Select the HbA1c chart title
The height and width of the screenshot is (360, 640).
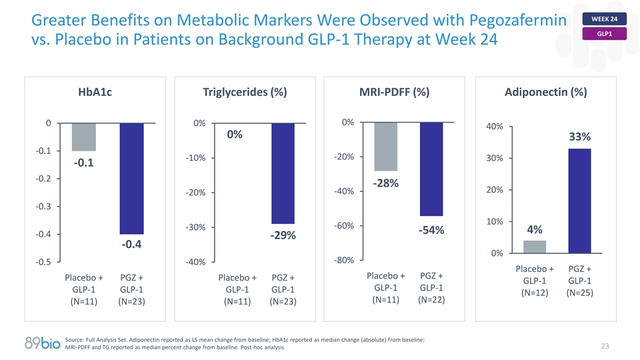click(95, 93)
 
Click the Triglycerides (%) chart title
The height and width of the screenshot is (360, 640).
click(245, 93)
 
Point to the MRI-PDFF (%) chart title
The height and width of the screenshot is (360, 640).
click(395, 93)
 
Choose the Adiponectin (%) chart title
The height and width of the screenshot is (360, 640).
click(545, 93)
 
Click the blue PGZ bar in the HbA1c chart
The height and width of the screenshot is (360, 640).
click(131, 178)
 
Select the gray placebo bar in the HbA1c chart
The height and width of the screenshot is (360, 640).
click(84, 137)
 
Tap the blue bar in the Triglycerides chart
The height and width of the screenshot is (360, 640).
click(283, 173)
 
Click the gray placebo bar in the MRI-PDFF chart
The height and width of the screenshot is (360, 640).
click(385, 147)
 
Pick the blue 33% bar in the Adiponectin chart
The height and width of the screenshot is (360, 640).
click(579, 200)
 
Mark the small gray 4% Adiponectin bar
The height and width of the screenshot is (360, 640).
click(535, 247)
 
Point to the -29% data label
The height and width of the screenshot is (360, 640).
click(283, 236)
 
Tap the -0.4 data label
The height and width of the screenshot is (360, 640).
click(131, 245)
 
